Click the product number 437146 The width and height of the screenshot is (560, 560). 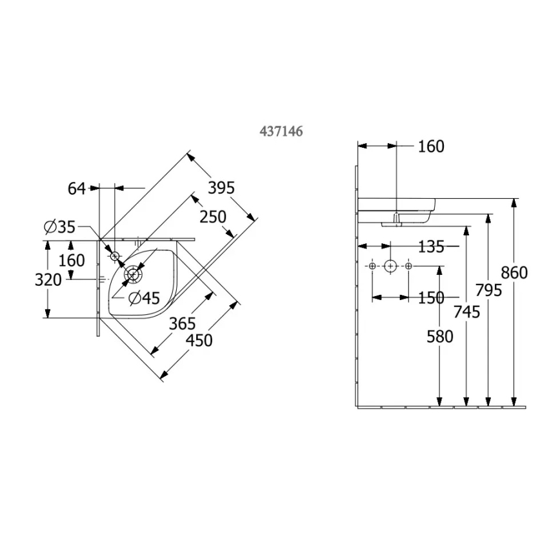click(x=281, y=130)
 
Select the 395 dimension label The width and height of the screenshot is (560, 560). click(x=220, y=188)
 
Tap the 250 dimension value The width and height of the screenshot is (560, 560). click(x=212, y=217)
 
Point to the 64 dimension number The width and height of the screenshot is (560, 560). click(x=77, y=188)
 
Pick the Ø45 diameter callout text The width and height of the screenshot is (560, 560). click(x=143, y=297)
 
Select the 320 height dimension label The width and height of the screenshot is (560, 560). click(x=49, y=280)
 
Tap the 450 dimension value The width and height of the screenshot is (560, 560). click(x=198, y=340)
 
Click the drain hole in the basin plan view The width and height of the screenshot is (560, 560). click(x=133, y=275)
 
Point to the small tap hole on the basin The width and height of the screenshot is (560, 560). click(x=115, y=256)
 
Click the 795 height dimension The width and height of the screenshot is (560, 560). click(x=488, y=290)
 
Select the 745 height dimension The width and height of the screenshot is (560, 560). click(x=466, y=312)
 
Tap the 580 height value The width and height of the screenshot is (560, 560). click(x=439, y=336)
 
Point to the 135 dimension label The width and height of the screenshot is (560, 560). click(x=431, y=246)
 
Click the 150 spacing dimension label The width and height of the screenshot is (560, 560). click(x=430, y=297)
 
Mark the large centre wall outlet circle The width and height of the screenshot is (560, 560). click(x=390, y=266)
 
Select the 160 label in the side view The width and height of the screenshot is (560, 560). click(x=431, y=146)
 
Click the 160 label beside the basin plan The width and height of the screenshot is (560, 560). click(x=72, y=261)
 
